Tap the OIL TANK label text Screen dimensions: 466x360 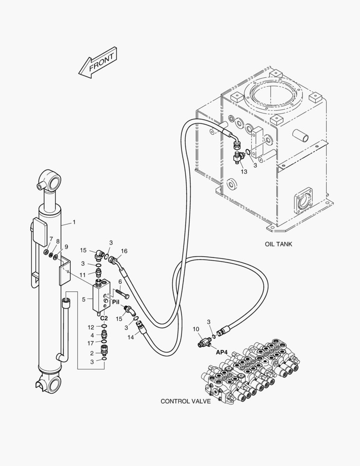278,244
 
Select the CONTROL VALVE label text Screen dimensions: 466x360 185,401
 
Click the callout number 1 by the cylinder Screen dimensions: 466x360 74,222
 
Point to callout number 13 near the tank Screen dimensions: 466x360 244,172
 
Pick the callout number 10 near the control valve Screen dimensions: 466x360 196,329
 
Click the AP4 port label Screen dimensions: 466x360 221,352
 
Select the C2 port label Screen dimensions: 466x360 104,318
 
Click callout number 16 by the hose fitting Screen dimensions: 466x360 124,251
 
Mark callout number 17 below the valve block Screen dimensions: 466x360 91,343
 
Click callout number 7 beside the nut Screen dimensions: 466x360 51,239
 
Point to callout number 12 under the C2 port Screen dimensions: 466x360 91,327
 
